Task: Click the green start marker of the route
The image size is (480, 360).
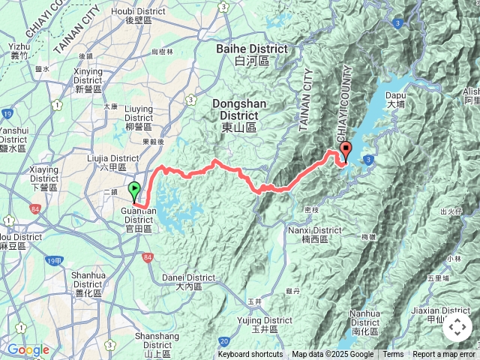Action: click(x=134, y=190)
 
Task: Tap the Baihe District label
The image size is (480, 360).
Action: click(x=251, y=54)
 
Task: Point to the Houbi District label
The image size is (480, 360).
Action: click(x=139, y=16)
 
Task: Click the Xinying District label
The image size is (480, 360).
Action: click(x=88, y=75)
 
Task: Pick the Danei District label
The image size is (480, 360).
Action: click(x=188, y=281)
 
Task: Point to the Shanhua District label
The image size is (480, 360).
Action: click(x=88, y=279)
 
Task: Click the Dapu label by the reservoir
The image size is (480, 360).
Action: click(x=395, y=100)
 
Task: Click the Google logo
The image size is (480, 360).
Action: click(x=28, y=349)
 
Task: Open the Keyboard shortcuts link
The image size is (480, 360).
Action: click(x=250, y=355)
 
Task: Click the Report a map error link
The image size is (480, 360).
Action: click(x=444, y=355)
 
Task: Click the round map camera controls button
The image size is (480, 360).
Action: click(x=457, y=327)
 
